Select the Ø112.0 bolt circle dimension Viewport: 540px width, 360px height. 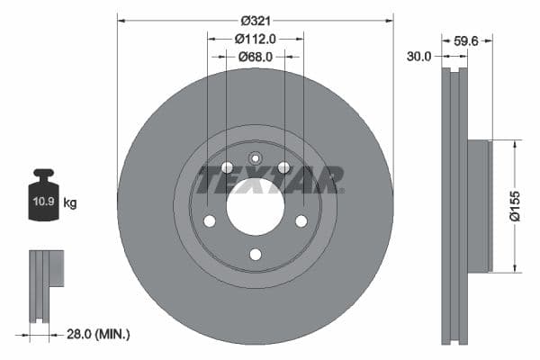tap(255, 39)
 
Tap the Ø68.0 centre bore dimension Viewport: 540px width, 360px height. tap(256, 57)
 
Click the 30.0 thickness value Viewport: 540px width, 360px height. tap(419, 56)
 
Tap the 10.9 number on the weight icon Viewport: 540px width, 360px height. tap(42, 202)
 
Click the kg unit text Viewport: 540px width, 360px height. tap(70, 203)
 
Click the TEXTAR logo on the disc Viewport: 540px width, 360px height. tap(270, 179)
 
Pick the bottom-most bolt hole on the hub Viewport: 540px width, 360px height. tap(255, 255)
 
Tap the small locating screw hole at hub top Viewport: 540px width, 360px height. tap(255, 160)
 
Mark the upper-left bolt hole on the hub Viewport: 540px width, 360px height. tap(227, 167)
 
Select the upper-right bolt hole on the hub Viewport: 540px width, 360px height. tap(283, 167)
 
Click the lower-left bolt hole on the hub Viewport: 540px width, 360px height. tap(209, 221)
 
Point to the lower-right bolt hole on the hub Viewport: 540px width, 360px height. tap(301, 221)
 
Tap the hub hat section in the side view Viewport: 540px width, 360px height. tap(480, 205)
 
